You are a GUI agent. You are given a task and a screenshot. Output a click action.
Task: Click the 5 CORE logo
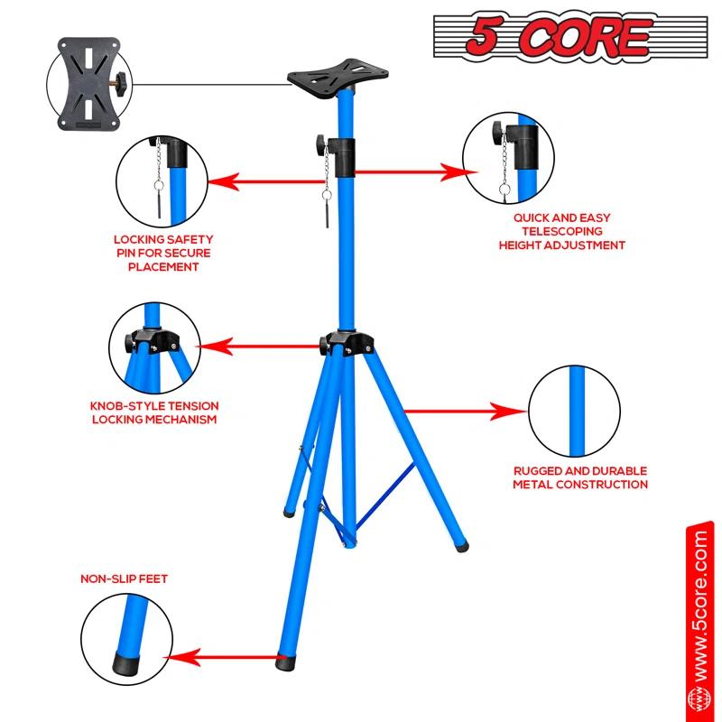pyautogui.click(x=544, y=36)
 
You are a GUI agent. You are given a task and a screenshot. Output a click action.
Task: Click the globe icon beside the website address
pyautogui.click(x=699, y=699)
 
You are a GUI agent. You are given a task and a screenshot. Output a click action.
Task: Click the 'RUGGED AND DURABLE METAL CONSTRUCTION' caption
pyautogui.click(x=580, y=477)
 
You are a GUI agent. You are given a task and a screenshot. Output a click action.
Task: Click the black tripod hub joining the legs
pyautogui.click(x=346, y=344)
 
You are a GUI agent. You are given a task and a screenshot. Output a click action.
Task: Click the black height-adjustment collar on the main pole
pyautogui.click(x=344, y=157)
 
